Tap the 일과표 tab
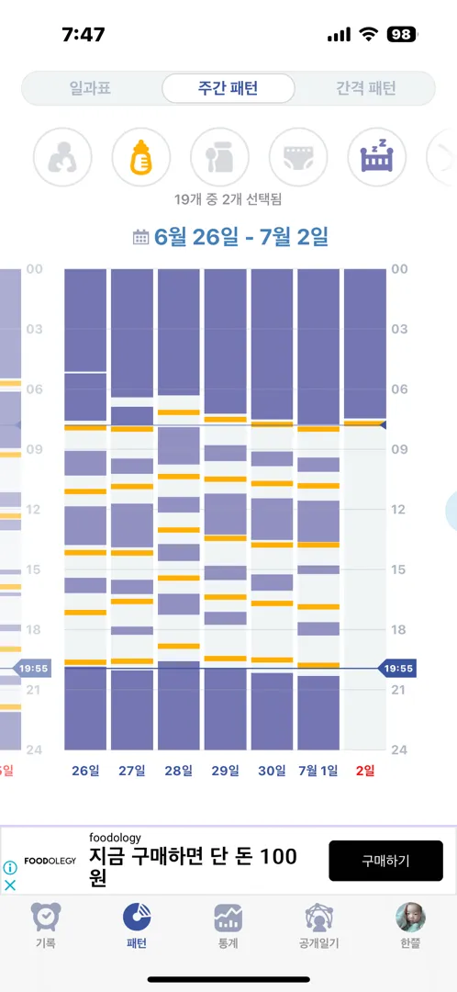coord(95,88)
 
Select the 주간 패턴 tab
coord(228,88)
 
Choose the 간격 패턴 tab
coord(366,88)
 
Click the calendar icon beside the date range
coord(140,238)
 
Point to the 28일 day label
coord(179,771)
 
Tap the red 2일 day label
coord(365,771)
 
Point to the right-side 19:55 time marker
coord(397,668)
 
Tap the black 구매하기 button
coord(385,861)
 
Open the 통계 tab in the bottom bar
coord(228,925)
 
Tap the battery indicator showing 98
coord(402,35)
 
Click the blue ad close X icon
coord(9,885)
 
